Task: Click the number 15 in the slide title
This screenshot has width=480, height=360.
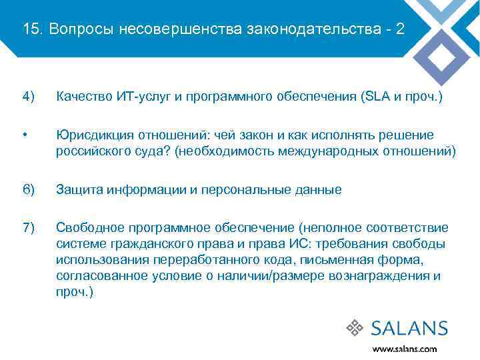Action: pos(29,29)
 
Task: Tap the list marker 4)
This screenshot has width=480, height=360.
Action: pos(28,97)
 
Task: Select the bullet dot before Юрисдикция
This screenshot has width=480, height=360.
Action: pos(25,135)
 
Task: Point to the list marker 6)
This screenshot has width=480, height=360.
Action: pos(28,190)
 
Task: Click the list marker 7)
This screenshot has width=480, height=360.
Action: pos(28,228)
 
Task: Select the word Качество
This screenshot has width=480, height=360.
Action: pos(82,97)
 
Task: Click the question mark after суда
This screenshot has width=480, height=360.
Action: pos(170,151)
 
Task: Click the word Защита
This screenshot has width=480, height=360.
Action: pos(77,190)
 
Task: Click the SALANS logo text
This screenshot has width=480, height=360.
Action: pos(409,328)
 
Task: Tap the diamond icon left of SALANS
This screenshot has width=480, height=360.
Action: pos(357,328)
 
